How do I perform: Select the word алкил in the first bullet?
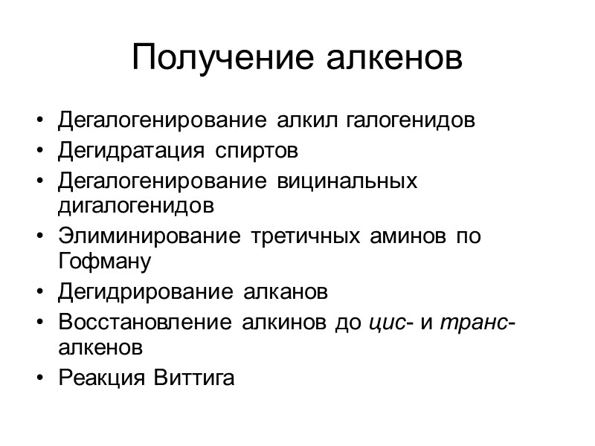pyautogui.click(x=303, y=120)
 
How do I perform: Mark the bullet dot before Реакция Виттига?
pyautogui.click(x=39, y=378)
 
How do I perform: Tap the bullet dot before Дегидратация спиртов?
pyautogui.click(x=39, y=152)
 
